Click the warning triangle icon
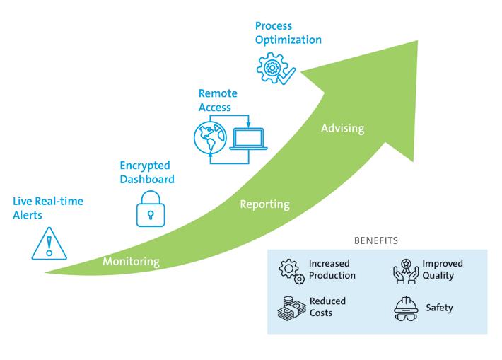pos(49,243)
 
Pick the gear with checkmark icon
pos(274,69)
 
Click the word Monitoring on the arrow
pos(131,262)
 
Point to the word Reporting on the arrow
pos(264,204)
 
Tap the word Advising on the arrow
pos(342,129)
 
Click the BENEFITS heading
pos(376,240)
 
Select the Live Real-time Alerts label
pos(48,207)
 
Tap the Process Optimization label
pos(288,33)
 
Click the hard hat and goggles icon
pos(405,309)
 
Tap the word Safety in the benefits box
pos(439,308)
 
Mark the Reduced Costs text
pos(327,307)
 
